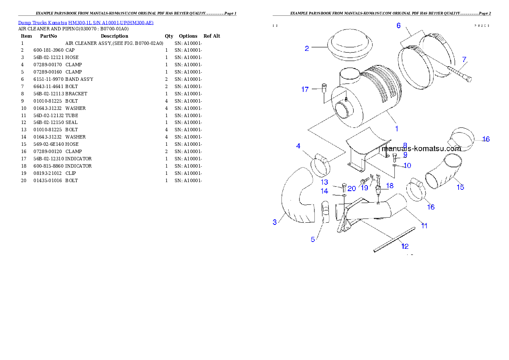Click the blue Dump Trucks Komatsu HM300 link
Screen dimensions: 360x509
pos(86,23)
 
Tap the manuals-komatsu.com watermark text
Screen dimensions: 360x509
pos(421,149)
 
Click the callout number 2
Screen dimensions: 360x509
pos(307,48)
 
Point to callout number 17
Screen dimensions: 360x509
pos(305,89)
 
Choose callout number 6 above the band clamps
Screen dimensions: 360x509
pos(399,26)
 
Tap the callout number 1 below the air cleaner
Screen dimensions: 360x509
pos(397,128)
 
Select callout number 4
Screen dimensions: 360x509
pos(299,146)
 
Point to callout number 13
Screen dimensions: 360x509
pos(325,182)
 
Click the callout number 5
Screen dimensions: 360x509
pos(313,239)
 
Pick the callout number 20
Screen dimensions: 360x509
pos(352,188)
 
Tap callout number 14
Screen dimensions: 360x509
pos(325,191)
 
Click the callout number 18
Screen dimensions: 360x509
pos(390,186)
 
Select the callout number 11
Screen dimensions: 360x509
pos(424,225)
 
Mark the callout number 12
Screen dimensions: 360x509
pos(405,246)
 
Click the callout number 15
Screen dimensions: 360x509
pos(460,187)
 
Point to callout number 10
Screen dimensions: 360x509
pos(407,165)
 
